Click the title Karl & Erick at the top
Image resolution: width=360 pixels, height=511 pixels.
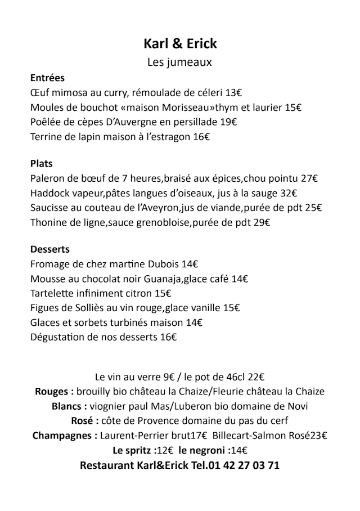(180, 43)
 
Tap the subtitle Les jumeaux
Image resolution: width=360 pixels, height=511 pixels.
(179, 62)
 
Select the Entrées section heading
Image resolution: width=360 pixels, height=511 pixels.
(47, 78)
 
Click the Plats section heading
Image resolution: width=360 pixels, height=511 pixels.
(41, 164)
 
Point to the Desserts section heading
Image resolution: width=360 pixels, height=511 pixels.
(50, 249)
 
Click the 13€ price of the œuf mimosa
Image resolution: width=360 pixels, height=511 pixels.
(234, 92)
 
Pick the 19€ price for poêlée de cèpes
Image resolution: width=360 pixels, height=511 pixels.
(228, 122)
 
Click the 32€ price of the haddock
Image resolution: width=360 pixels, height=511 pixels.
(289, 194)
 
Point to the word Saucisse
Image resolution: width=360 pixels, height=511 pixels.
(48, 208)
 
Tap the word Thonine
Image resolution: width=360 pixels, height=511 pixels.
(47, 223)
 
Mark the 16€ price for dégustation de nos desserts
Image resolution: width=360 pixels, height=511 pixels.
(168, 337)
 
